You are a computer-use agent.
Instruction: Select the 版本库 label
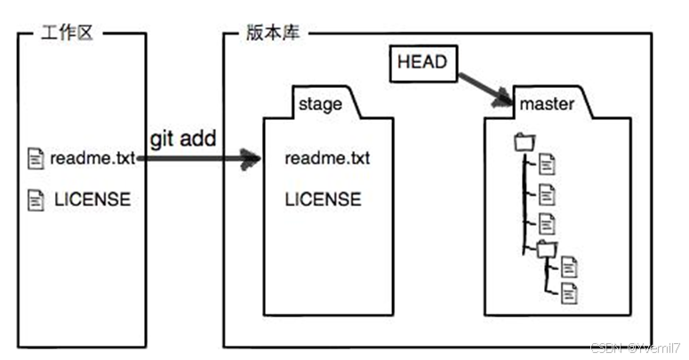[x=272, y=33]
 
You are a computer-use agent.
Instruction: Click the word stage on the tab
[x=320, y=104]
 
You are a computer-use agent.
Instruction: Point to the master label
[x=547, y=104]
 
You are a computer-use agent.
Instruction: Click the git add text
[x=184, y=139]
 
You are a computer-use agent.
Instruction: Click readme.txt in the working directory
[x=92, y=159]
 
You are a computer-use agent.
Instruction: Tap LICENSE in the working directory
[x=92, y=199]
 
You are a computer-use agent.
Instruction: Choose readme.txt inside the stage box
[x=327, y=159]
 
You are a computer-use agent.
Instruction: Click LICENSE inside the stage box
[x=323, y=199]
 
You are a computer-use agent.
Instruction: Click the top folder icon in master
[x=525, y=141]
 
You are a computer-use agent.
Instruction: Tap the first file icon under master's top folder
[x=547, y=164]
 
